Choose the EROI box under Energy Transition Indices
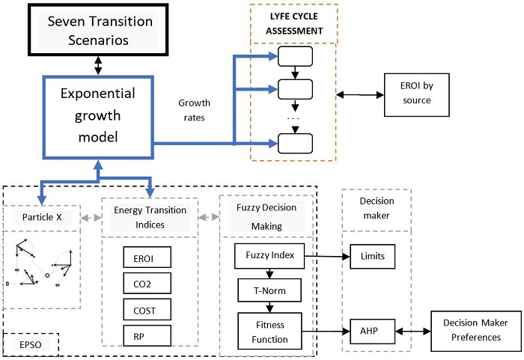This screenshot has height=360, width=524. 147,258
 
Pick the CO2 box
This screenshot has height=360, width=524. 147,284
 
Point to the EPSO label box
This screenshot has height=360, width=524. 32,346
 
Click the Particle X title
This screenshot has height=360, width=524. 41,217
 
